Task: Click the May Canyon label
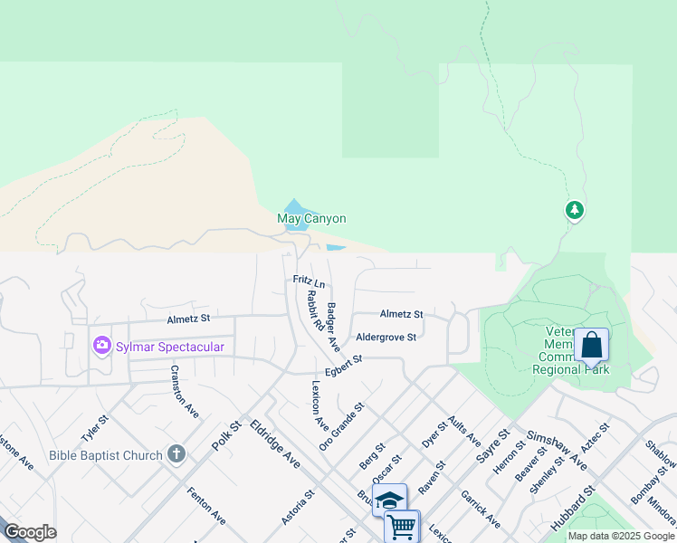(311, 218)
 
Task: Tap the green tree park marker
(574, 211)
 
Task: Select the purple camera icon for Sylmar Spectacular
(101, 346)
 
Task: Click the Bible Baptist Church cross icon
(176, 454)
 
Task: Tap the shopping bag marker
(591, 346)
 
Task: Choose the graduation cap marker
(389, 500)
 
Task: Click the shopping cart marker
(401, 526)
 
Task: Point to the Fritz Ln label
(309, 281)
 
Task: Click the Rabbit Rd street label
(315, 310)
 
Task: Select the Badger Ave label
(333, 327)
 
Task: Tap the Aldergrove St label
(386, 337)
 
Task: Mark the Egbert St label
(344, 367)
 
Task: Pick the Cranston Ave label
(185, 392)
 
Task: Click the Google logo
(30, 532)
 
